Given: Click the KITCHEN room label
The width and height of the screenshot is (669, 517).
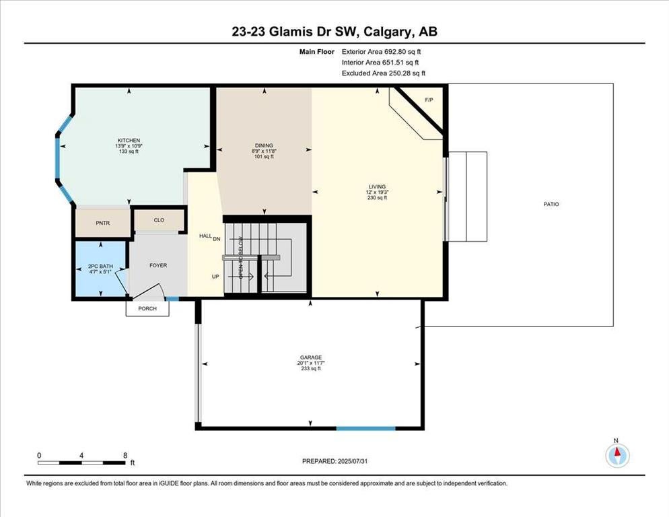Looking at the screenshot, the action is (x=129, y=141).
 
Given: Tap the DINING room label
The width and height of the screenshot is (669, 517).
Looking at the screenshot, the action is (x=264, y=145).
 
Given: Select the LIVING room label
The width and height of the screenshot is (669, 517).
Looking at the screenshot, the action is (x=377, y=186).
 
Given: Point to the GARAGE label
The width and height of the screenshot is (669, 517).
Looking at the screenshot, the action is (x=311, y=357).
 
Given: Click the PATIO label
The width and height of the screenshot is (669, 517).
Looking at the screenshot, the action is (x=551, y=204).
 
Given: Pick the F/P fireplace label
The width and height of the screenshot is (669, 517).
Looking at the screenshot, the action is (x=429, y=100).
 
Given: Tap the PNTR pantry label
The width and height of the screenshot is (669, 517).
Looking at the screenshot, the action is (x=103, y=223).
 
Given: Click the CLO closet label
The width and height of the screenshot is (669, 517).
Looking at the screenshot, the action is (x=159, y=220).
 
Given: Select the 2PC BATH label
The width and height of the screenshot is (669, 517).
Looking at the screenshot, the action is (x=101, y=266).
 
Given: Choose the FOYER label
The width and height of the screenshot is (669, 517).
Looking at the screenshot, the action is (x=158, y=265).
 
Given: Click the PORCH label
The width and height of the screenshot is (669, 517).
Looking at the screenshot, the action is (x=147, y=308).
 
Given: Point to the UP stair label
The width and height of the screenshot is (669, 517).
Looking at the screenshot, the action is (x=215, y=277).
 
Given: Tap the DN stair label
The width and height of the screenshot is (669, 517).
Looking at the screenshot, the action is (x=216, y=239).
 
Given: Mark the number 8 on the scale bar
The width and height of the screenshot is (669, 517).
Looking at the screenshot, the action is (x=125, y=456).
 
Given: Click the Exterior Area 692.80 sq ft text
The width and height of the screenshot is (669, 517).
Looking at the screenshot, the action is (x=382, y=52).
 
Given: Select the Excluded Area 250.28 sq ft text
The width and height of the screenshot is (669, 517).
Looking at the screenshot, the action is (x=384, y=73).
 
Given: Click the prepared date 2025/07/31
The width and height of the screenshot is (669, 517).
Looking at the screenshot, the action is (x=353, y=461).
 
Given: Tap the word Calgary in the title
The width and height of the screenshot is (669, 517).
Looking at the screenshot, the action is (x=388, y=32).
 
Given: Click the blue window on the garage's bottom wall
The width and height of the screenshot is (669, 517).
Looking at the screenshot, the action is (x=366, y=427).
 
